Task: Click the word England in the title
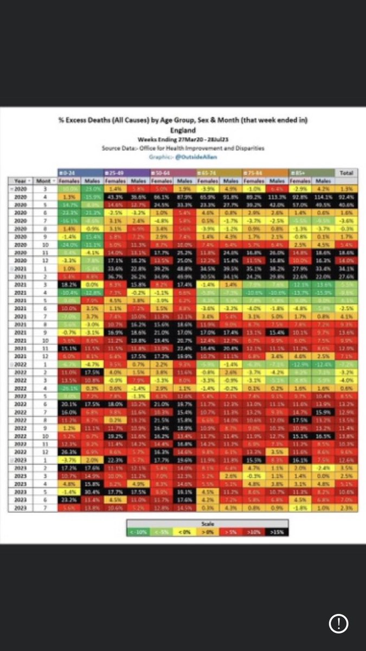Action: (183, 131)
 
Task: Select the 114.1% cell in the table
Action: (324, 195)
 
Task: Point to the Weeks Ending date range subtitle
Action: (183, 139)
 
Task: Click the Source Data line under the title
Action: (183, 146)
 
